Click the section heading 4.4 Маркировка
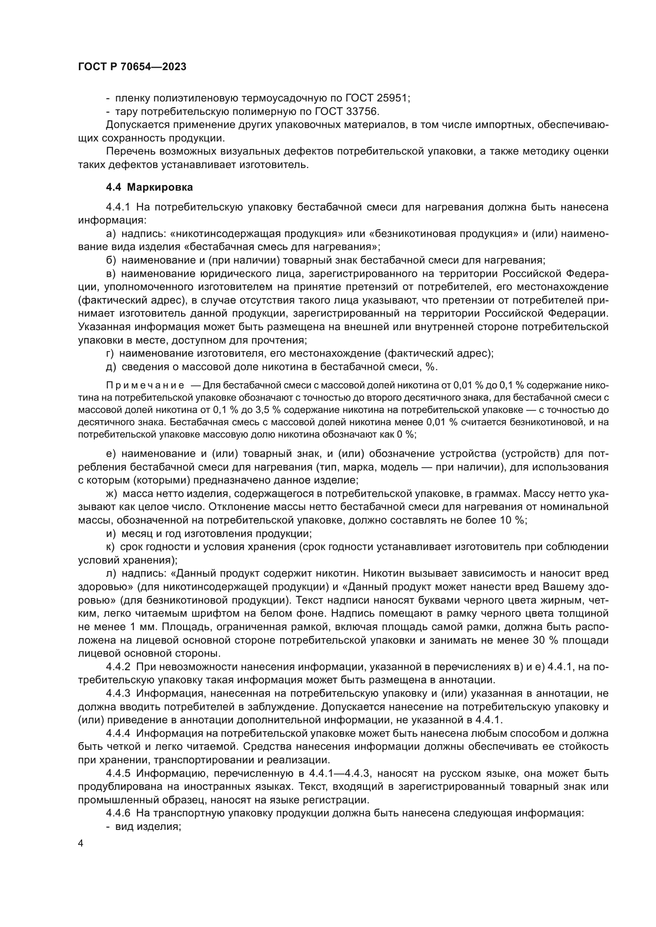pyautogui.click(x=149, y=187)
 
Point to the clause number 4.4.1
pyautogui.click(x=117, y=208)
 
